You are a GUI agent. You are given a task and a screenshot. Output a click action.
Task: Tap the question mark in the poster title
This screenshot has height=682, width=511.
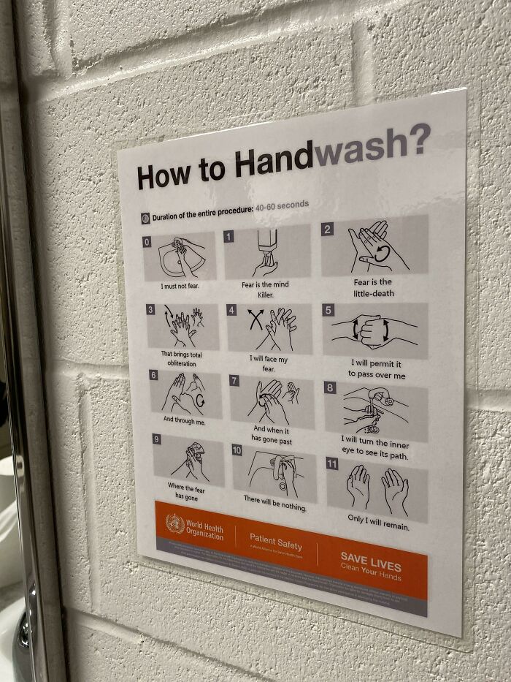click(x=418, y=139)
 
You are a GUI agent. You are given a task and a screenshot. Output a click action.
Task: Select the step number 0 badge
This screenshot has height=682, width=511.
click(x=147, y=240)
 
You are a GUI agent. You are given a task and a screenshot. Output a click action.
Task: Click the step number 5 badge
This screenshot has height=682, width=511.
click(x=328, y=310)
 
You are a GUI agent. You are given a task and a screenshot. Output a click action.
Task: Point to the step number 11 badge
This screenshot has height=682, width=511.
click(x=332, y=463)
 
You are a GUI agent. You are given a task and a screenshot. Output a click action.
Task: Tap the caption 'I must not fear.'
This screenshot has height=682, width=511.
click(x=180, y=286)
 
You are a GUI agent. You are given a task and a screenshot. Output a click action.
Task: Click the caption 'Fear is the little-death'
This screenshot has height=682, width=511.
click(x=372, y=287)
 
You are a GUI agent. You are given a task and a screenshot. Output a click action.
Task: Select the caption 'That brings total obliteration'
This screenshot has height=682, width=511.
click(x=182, y=358)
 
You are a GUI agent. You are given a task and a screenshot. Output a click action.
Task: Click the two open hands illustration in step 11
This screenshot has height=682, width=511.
click(x=377, y=489)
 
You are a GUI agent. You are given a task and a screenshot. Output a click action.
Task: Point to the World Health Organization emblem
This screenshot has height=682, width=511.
click(x=174, y=523)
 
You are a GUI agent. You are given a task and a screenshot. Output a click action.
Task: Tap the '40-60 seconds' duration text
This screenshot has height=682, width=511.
click(x=282, y=205)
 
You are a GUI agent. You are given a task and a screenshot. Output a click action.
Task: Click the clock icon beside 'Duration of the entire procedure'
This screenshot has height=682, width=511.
click(x=145, y=218)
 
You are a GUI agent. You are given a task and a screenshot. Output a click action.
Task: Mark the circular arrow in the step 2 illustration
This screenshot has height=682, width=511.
click(x=380, y=254)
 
